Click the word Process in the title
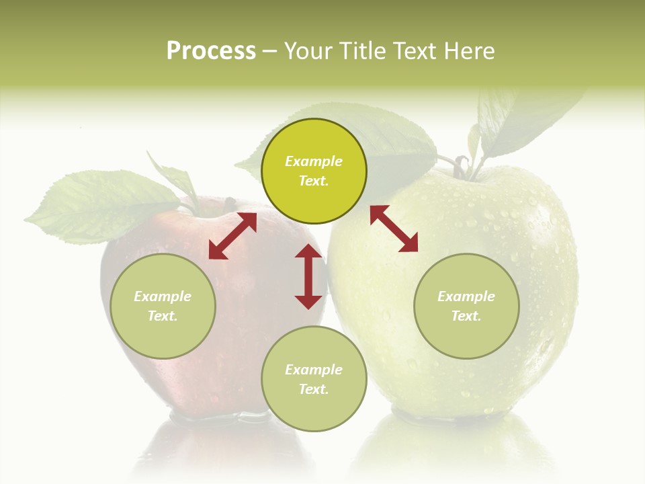pos(211,50)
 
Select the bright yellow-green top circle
pos(314,171)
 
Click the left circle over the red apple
pos(163,306)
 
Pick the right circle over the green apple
pos(466,306)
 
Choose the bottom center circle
pos(314,378)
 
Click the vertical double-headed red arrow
pos(308,276)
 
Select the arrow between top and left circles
pos(232,236)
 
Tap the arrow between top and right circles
pos(394,229)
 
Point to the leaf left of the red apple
pos(101,205)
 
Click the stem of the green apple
pos(462,165)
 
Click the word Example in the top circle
pos(314,161)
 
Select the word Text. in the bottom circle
pos(314,389)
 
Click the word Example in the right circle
pos(466,296)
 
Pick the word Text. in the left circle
pos(163,316)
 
